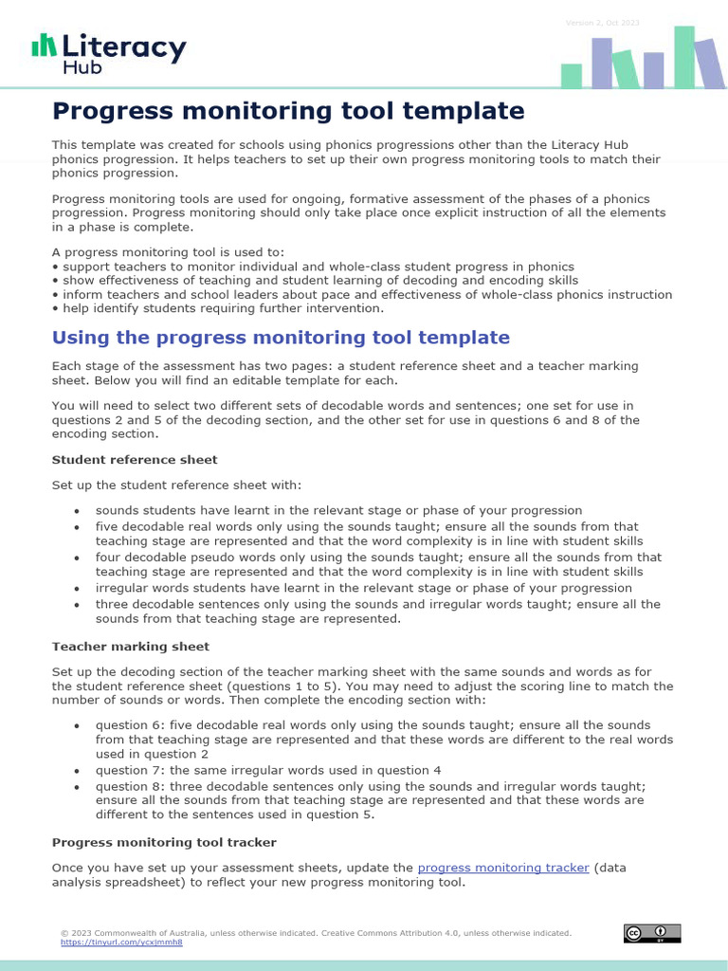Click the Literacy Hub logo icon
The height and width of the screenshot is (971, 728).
(44, 46)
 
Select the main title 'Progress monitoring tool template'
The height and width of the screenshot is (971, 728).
(288, 112)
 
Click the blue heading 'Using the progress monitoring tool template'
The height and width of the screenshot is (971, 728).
(281, 338)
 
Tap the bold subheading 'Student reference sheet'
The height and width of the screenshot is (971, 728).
(135, 460)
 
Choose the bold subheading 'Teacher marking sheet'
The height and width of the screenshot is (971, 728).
(131, 647)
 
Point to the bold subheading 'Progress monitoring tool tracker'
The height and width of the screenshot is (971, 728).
(164, 842)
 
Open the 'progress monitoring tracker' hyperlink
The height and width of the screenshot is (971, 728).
(503, 868)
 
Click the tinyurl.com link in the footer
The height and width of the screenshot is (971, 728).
(121, 943)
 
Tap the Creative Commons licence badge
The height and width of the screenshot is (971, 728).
(652, 933)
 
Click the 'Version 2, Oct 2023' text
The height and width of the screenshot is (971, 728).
(602, 22)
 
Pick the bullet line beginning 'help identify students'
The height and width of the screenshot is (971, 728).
(220, 308)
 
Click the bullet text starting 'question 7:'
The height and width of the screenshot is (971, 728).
(268, 770)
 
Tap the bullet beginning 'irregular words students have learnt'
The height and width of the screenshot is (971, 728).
(363, 588)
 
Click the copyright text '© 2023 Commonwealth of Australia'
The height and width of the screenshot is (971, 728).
(190, 933)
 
